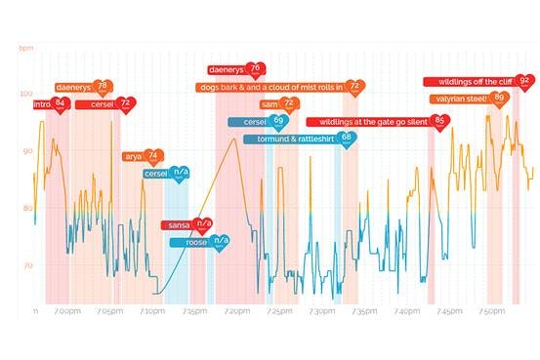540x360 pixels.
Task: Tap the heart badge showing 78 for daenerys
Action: click(103, 88)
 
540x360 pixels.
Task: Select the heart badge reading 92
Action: click(524, 81)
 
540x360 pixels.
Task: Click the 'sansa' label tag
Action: click(177, 225)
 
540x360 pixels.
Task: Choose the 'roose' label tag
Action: click(196, 241)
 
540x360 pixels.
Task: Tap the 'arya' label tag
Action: click(133, 156)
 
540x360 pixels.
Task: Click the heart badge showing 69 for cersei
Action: click(278, 122)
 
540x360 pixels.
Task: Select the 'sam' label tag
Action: click(270, 103)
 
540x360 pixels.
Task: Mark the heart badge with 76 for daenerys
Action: click(255, 69)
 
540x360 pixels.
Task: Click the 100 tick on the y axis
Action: click(25, 94)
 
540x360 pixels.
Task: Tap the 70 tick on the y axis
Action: click(26, 264)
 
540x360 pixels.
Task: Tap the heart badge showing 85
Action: click(440, 122)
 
